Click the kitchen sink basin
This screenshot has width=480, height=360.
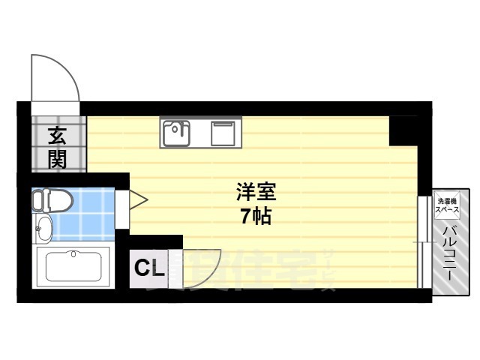[175, 135]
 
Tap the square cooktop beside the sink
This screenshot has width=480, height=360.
[223, 133]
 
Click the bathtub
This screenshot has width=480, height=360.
[73, 266]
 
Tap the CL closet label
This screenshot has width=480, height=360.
[149, 266]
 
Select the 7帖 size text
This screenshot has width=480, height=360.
[255, 218]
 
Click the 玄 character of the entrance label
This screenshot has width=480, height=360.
[57, 136]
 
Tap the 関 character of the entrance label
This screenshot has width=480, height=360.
[57, 159]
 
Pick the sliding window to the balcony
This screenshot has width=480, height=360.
[422, 240]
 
